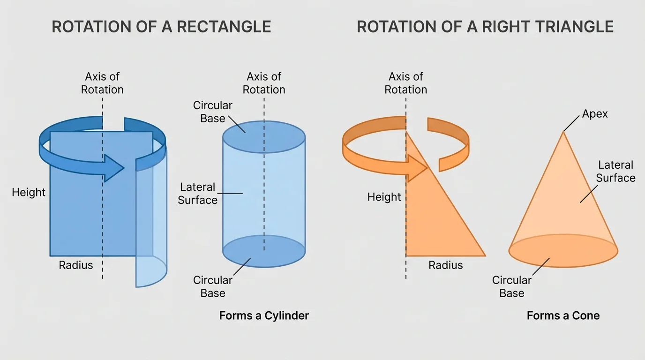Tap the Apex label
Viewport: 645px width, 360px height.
click(x=594, y=114)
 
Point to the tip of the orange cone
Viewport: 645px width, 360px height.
click(x=563, y=133)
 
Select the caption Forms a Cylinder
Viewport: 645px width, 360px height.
click(x=264, y=315)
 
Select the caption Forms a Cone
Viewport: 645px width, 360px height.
click(x=563, y=315)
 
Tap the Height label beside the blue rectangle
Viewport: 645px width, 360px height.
click(x=29, y=193)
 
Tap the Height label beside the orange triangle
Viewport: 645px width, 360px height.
click(x=384, y=197)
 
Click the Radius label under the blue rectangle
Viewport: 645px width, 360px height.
click(x=76, y=265)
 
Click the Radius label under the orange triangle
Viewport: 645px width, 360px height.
click(x=445, y=265)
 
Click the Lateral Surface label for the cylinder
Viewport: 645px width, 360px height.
click(x=198, y=194)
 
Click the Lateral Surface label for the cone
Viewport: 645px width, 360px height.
click(x=615, y=172)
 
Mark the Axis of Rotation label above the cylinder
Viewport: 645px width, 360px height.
click(x=264, y=83)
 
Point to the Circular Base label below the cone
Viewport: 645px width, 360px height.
click(x=511, y=286)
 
